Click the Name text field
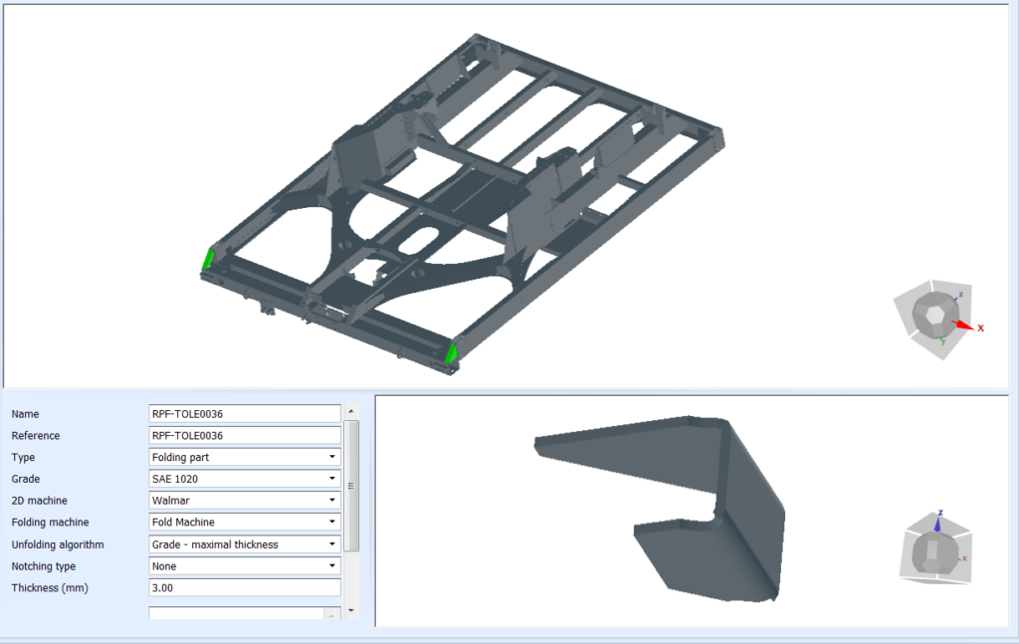click(x=244, y=413)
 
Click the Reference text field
click(x=244, y=435)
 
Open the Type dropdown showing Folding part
click(x=244, y=457)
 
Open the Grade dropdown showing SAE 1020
click(x=244, y=479)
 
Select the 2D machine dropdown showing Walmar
click(x=244, y=501)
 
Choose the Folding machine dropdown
click(x=244, y=523)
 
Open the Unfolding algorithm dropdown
click(x=244, y=544)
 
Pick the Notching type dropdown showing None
click(x=244, y=566)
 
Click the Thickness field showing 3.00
click(x=244, y=588)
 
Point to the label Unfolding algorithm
click(x=57, y=544)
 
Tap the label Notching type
click(x=43, y=566)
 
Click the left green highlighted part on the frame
click(x=209, y=259)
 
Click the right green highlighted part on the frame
click(x=451, y=352)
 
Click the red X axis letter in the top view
click(x=980, y=327)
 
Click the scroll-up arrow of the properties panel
click(x=351, y=411)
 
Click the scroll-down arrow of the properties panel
click(x=351, y=610)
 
